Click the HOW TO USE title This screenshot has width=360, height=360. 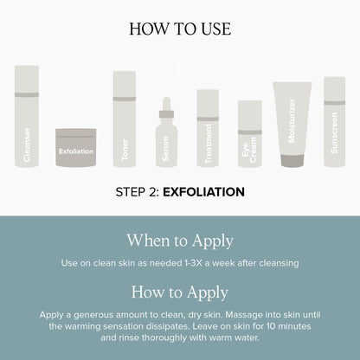[x=180, y=29]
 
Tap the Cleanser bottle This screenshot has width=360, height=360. [x=27, y=116]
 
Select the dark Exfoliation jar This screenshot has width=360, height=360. [x=76, y=147]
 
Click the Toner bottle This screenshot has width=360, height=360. [x=125, y=119]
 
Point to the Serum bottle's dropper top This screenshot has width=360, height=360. [x=166, y=107]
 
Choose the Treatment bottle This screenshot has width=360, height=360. [x=208, y=128]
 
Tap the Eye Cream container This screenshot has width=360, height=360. [x=250, y=133]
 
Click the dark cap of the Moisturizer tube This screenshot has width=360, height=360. [x=292, y=161]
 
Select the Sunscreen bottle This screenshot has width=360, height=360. [x=335, y=122]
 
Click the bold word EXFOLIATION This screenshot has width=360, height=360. [x=204, y=192]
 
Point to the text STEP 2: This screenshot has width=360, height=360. [x=138, y=192]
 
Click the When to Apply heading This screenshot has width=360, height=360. [x=180, y=241]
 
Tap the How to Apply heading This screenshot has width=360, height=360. [x=180, y=292]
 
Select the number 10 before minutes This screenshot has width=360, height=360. [x=272, y=326]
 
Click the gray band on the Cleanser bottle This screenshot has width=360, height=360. [x=27, y=94]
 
